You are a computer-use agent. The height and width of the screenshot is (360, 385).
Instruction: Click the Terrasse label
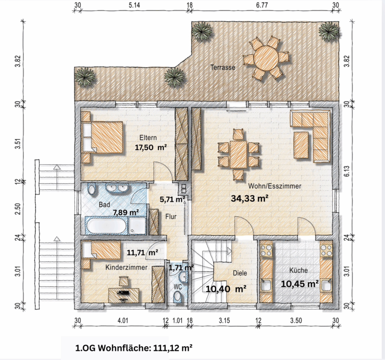(223, 67)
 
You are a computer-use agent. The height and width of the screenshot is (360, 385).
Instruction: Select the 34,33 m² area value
(249, 198)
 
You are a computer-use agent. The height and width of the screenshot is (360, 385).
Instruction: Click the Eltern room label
(148, 138)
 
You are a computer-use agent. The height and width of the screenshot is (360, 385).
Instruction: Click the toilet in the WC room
(177, 296)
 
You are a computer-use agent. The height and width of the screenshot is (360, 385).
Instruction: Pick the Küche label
(298, 270)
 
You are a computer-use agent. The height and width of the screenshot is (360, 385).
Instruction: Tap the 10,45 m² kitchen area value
(300, 284)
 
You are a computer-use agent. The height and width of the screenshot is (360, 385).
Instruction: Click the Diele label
(240, 273)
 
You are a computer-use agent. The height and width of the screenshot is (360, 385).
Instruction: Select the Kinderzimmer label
(127, 267)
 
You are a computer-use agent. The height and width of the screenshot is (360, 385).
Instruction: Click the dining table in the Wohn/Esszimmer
(239, 154)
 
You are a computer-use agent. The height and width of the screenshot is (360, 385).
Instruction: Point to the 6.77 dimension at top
(262, 5)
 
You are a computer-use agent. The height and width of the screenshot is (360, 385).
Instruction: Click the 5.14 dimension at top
(134, 5)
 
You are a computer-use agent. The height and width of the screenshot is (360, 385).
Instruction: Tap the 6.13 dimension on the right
(346, 171)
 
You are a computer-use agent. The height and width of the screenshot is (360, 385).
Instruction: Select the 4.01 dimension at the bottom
(123, 321)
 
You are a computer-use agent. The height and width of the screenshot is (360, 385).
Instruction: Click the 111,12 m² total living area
(173, 348)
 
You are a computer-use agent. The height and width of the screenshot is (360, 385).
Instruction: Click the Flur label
(171, 217)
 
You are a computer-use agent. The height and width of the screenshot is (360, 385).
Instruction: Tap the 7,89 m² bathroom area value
(126, 212)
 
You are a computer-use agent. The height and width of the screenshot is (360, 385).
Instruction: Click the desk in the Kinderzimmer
(124, 295)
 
